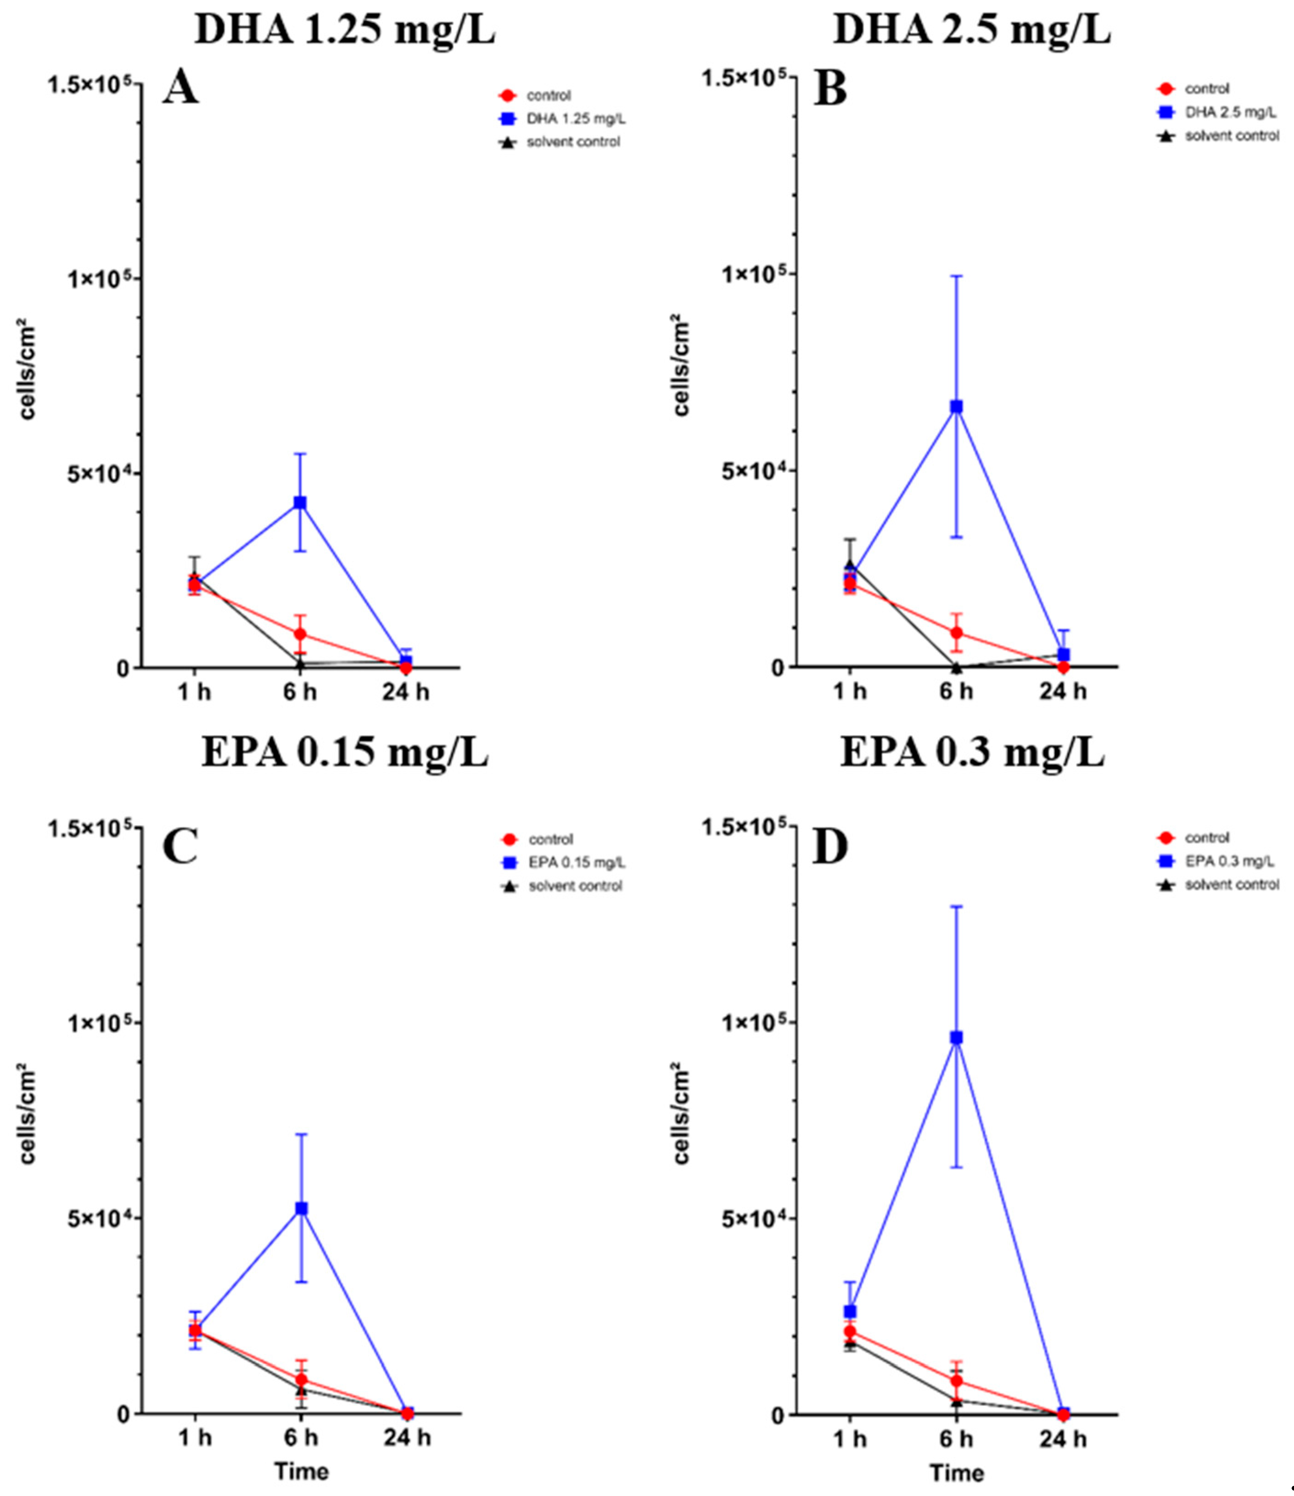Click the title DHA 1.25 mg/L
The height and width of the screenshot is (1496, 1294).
click(345, 30)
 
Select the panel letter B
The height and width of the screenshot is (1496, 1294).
click(830, 90)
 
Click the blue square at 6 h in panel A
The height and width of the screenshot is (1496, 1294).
click(300, 502)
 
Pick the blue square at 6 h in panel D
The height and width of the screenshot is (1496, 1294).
click(957, 1038)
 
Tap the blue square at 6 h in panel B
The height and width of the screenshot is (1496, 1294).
click(956, 407)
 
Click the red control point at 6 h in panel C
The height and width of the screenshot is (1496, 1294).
click(301, 1380)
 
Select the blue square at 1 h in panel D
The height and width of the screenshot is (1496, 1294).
click(851, 1311)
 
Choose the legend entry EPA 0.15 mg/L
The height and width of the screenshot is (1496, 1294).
click(576, 863)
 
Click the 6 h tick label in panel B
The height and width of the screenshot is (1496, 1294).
click(956, 692)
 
